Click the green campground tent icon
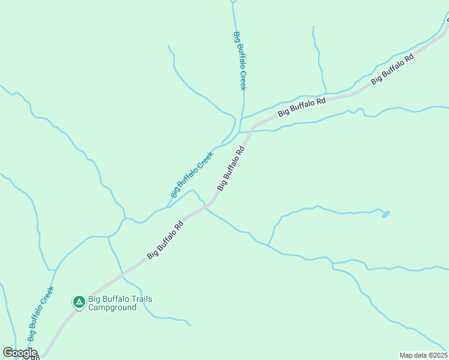point(79,302)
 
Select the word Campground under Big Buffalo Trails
point(112,308)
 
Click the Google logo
point(20,353)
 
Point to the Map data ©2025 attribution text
point(424,355)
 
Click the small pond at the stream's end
point(385,214)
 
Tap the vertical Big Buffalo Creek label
point(240,61)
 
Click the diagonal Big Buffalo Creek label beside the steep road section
point(192,175)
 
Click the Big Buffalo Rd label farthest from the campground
point(393,70)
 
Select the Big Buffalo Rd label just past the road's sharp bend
point(301,106)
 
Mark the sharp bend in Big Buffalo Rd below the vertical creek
point(255,127)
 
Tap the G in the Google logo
point(8,352)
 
